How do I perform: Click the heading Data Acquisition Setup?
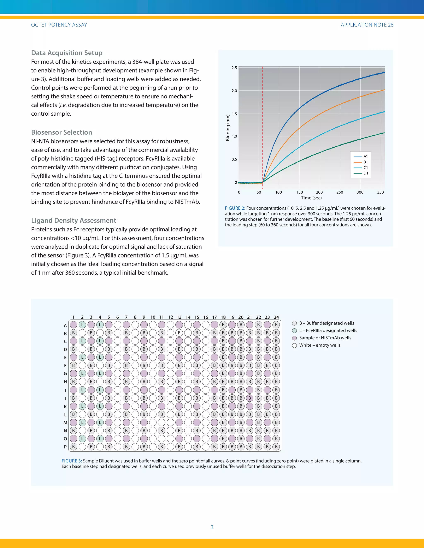coord(67,53)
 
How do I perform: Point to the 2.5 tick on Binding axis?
coord(234,68)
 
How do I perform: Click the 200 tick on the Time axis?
coord(319,192)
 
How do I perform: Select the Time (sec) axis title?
coord(311,198)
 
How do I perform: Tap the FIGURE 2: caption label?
coord(235,208)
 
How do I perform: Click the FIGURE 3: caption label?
coord(72,461)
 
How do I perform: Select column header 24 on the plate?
coord(276,317)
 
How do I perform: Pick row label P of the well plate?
coord(65,447)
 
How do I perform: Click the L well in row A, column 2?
coord(82,325)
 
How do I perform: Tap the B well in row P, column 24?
coord(276,447)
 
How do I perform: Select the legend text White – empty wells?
coord(320,345)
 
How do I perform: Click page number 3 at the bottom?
coord(212,527)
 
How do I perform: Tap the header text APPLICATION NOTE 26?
coord(367,25)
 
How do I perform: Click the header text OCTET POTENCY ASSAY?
coord(59,25)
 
